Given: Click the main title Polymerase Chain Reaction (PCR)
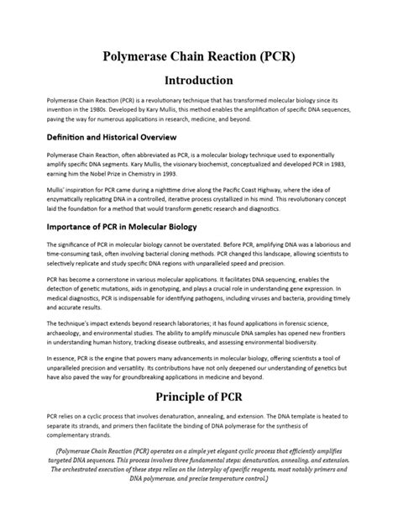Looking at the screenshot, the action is click(x=198, y=56).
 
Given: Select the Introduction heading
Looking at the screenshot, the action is click(x=198, y=81).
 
